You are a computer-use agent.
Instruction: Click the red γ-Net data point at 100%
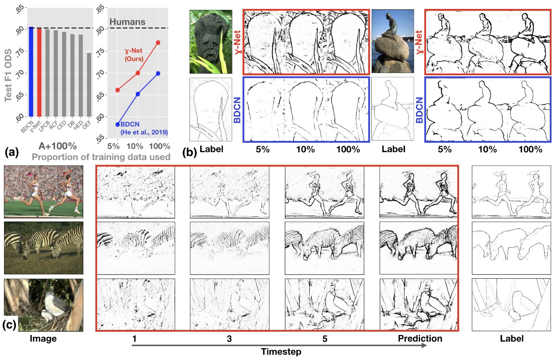point(158,43)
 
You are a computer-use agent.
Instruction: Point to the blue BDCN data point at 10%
point(138,94)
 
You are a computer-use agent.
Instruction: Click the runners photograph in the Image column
point(43,191)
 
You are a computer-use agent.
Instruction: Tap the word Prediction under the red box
point(420,338)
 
